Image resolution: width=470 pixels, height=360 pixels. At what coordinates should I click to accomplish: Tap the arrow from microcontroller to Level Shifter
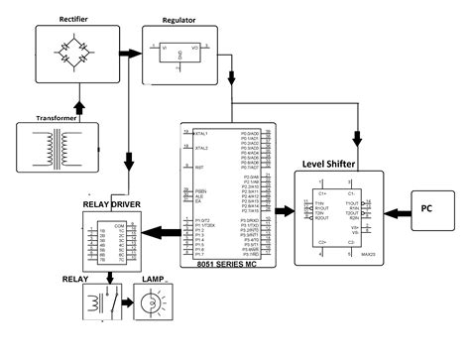tap(282, 211)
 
